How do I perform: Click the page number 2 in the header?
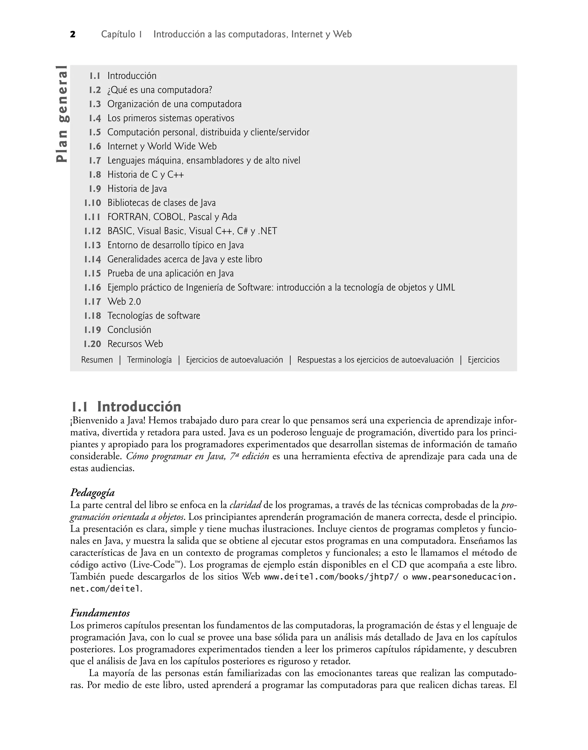click(73, 34)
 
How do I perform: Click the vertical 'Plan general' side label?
click(63, 114)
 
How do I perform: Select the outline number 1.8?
click(95, 175)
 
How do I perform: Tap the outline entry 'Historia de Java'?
click(137, 189)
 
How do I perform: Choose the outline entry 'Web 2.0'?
click(124, 302)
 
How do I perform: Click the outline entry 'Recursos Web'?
click(135, 344)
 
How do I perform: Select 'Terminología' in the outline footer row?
click(149, 360)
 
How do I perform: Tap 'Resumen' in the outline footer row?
click(97, 360)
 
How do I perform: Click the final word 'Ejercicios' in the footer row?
click(483, 360)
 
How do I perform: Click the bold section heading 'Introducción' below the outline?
click(139, 407)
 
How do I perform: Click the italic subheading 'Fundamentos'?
click(100, 613)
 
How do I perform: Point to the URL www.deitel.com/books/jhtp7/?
click(331, 577)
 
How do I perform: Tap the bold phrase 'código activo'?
click(98, 565)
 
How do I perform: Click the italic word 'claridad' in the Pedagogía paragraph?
click(245, 505)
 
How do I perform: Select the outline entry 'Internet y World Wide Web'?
click(162, 146)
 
